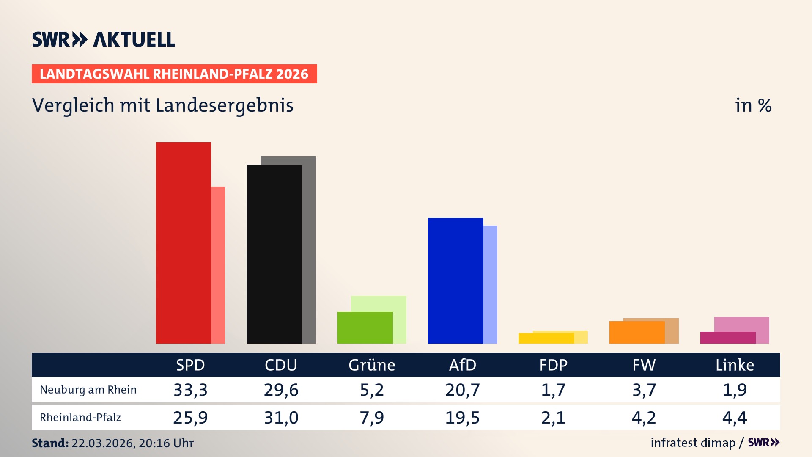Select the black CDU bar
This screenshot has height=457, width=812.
[274, 254]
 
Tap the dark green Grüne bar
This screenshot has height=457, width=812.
[365, 328]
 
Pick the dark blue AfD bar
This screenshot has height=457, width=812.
[455, 281]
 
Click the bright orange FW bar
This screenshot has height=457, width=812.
[637, 332]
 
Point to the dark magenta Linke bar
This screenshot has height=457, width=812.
[727, 338]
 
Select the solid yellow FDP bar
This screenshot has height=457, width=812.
[546, 338]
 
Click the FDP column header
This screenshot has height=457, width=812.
[553, 365]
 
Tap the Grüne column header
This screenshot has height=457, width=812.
[372, 365]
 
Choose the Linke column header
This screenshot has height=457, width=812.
[735, 365]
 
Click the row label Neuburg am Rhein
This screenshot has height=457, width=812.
[88, 390]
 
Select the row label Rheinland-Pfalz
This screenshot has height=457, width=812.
[80, 418]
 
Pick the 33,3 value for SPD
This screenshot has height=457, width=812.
[190, 390]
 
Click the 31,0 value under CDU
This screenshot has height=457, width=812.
[281, 418]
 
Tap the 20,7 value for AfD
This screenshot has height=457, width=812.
[462, 390]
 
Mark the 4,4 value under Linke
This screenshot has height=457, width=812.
[735, 418]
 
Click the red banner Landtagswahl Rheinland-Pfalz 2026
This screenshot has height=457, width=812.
[174, 74]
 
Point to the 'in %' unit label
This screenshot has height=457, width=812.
[753, 105]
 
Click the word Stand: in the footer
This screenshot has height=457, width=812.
[50, 443]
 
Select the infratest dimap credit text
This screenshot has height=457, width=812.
[693, 443]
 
